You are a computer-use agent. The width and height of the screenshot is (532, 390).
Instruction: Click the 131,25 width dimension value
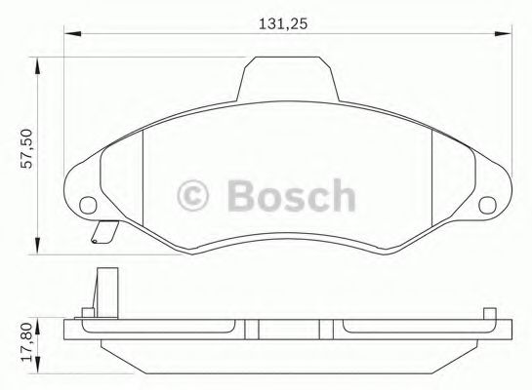tap(283, 23)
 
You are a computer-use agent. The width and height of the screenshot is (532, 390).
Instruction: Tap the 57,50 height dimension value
tap(26, 149)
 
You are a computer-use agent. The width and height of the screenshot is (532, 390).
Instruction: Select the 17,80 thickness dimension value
tap(26, 342)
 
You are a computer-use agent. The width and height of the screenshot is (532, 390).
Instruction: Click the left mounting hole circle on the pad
tap(88, 206)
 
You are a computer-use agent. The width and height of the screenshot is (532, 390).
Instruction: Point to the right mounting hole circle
tap(487, 206)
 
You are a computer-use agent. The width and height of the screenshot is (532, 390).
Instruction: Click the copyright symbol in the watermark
tap(192, 196)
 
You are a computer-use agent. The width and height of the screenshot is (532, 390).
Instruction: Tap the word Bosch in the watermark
tap(292, 195)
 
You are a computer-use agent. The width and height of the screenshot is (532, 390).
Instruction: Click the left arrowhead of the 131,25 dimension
tap(72, 33)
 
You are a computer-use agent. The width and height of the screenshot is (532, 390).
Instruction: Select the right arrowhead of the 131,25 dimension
tap(503, 33)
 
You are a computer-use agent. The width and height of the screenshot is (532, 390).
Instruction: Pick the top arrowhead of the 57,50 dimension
tap(37, 65)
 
